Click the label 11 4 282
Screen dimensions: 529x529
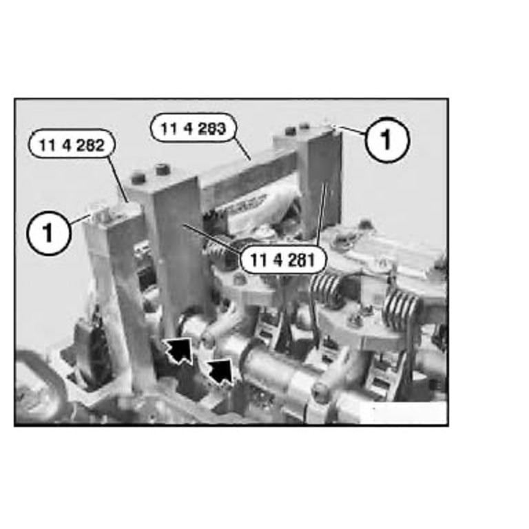pyautogui.click(x=72, y=145)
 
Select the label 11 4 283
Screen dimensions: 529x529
pyautogui.click(x=193, y=128)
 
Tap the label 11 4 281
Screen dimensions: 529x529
pyautogui.click(x=282, y=260)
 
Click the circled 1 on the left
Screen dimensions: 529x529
pyautogui.click(x=49, y=232)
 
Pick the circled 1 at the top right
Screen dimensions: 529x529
pyautogui.click(x=387, y=139)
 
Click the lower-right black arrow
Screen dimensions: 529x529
pyautogui.click(x=220, y=372)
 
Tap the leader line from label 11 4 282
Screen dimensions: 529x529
pyautogui.click(x=118, y=179)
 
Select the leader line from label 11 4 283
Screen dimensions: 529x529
pyautogui.click(x=242, y=150)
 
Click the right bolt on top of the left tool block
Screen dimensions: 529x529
pyautogui.click(x=162, y=169)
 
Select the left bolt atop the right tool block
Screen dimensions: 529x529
pyautogui.click(x=290, y=131)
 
